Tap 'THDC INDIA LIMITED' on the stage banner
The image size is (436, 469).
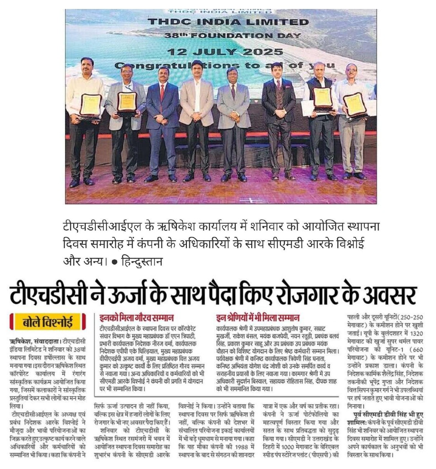[228, 22]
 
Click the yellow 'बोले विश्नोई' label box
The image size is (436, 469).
[48, 321]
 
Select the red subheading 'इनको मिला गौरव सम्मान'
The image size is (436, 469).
[136, 318]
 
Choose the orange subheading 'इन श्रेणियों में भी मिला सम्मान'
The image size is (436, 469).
[258, 318]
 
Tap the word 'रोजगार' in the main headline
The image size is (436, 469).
[302, 295]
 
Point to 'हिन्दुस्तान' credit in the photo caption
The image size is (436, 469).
[142, 261]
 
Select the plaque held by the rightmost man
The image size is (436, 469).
[355, 104]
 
